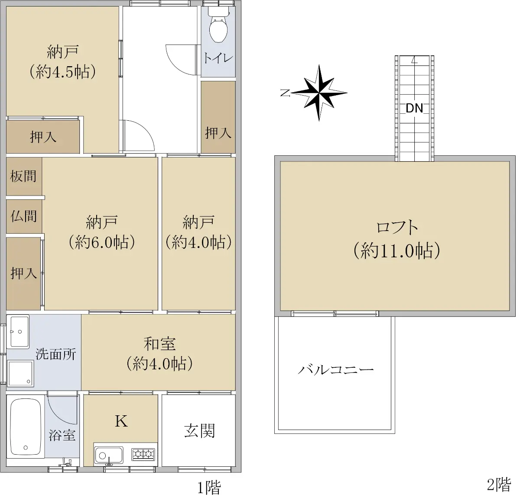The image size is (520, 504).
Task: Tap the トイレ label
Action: (x=218, y=58)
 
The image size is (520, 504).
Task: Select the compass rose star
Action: (x=319, y=93)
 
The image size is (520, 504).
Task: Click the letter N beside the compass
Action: (x=286, y=93)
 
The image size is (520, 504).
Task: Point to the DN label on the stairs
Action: (x=414, y=108)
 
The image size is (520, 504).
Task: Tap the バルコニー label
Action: (x=336, y=370)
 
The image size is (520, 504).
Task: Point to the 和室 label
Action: (x=159, y=344)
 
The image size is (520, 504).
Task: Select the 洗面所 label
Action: (x=55, y=354)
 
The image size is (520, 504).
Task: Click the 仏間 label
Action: (x=23, y=216)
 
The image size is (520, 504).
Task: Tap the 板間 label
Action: (x=23, y=176)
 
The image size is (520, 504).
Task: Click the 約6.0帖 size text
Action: (x=101, y=243)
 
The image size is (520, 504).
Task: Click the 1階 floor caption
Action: (x=209, y=488)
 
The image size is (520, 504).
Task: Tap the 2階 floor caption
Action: (x=499, y=485)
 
